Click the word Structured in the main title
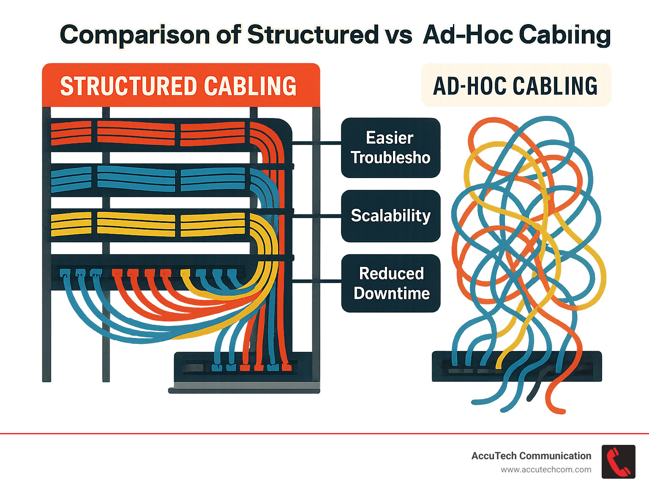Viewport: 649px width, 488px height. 313,35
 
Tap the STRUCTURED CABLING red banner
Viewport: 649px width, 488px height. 181,85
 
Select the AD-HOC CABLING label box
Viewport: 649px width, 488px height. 516,85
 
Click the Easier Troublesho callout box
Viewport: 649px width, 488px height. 390,148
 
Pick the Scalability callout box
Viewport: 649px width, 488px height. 390,216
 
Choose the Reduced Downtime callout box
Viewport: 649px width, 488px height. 390,283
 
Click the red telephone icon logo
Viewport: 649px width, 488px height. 618,462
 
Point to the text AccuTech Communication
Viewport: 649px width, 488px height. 531,456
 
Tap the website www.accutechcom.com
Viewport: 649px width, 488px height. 546,470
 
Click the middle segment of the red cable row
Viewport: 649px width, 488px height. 136,133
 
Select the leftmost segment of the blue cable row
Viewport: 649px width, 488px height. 71,180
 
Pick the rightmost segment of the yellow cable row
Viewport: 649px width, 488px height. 213,225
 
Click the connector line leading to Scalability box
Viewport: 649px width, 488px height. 317,216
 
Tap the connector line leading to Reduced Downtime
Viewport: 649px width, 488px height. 317,280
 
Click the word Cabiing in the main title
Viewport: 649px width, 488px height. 564,35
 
